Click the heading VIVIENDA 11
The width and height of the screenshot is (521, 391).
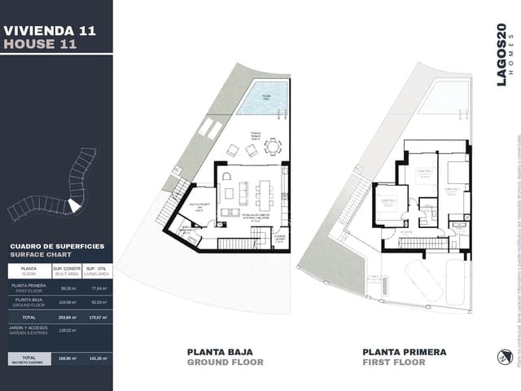click(50, 30)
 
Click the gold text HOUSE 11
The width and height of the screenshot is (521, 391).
click(41, 45)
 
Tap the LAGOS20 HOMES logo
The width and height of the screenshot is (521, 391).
click(503, 53)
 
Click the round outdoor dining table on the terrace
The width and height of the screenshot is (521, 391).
click(274, 147)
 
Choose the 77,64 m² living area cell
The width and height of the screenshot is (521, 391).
click(99, 288)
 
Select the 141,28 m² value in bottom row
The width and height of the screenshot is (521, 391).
click(99, 358)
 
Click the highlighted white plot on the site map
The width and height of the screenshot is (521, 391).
click(73, 207)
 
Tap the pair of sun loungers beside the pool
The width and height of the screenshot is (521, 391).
click(210, 129)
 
